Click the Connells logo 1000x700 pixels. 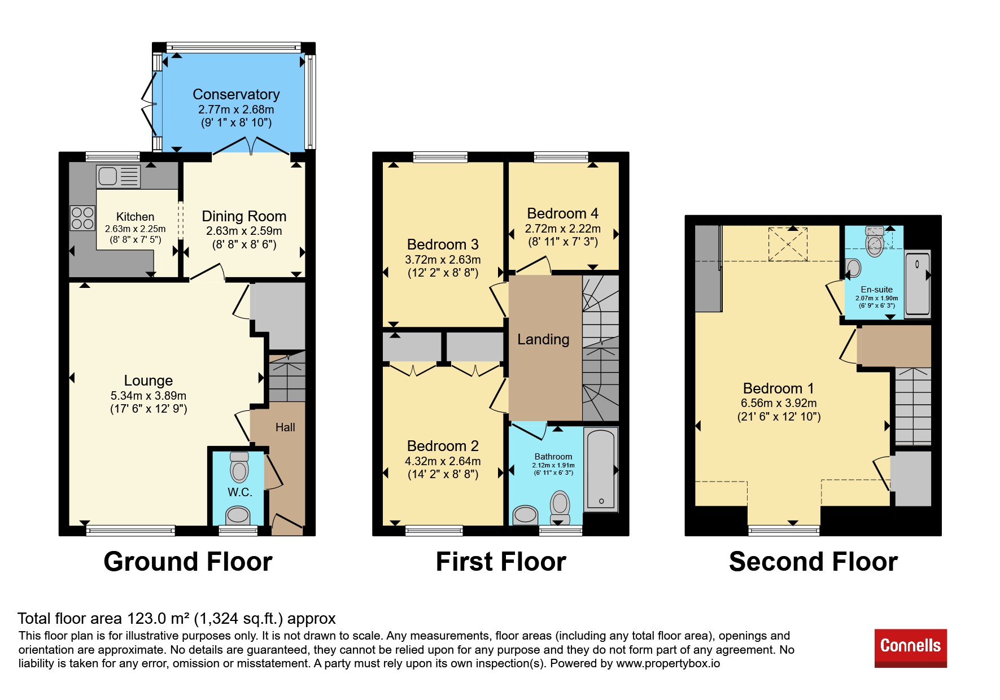point(910,648)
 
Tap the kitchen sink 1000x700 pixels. point(119,176)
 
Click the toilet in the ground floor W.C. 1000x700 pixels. point(239,466)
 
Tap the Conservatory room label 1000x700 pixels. point(236,94)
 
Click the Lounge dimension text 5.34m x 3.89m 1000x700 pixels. point(149,396)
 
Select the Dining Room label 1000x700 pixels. point(244,216)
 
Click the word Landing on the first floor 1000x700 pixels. point(543,339)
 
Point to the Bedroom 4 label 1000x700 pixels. point(562,213)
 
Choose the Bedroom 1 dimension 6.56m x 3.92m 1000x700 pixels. point(779,403)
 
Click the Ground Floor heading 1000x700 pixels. point(188,562)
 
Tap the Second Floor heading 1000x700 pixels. point(813,562)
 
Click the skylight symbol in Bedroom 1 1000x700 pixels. point(788,244)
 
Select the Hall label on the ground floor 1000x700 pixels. point(285,427)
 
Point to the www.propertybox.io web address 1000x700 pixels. point(668,663)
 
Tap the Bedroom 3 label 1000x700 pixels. point(443,244)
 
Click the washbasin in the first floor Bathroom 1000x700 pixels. point(525,514)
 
